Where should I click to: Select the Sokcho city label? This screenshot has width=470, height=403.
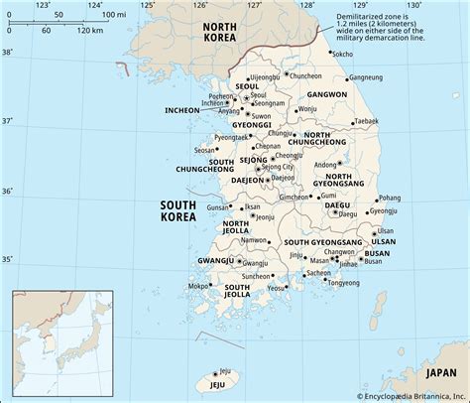pyautogui.click(x=342, y=54)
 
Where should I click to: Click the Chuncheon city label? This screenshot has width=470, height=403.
pyautogui.click(x=306, y=75)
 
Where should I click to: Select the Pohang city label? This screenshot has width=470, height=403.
pyautogui.click(x=390, y=198)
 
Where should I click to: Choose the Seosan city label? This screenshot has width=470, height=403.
pyautogui.click(x=205, y=150)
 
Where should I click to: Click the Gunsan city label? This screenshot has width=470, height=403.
pyautogui.click(x=218, y=208)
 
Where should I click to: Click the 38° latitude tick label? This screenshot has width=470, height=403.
pyautogui.click(x=8, y=52)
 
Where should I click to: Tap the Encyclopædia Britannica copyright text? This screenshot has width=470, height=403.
pyautogui.click(x=408, y=395)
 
